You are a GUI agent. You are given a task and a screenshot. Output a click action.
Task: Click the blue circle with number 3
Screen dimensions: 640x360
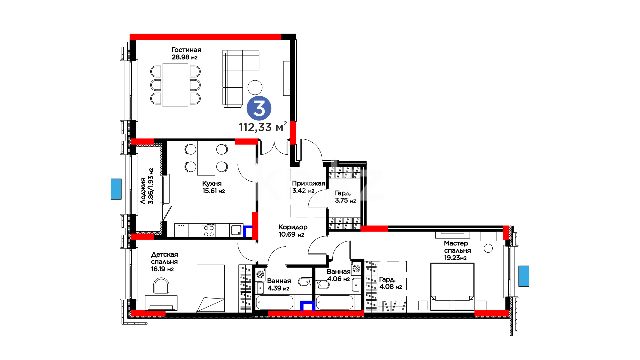[259, 108]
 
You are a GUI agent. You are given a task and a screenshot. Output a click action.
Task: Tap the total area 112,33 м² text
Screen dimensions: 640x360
[263, 127]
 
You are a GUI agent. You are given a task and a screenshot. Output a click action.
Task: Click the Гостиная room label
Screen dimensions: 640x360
[186, 50]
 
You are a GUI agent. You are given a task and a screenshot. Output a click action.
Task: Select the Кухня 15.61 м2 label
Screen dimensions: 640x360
[213, 187]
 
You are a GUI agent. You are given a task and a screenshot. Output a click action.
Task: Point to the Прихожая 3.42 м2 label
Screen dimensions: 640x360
[308, 187]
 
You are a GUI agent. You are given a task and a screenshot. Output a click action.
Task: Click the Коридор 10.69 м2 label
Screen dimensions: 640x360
[293, 230]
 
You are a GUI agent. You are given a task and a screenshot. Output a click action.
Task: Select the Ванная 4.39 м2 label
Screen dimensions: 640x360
[279, 285]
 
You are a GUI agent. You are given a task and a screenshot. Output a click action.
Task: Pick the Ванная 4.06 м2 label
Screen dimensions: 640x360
[338, 275]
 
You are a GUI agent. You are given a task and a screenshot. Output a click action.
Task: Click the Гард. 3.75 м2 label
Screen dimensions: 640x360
[345, 197]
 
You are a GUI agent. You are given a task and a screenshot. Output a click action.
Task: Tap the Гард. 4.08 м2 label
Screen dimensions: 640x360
[390, 283]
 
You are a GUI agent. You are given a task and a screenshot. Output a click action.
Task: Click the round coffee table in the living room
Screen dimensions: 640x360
[255, 87]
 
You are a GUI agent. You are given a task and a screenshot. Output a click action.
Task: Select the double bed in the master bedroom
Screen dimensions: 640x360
[452, 286]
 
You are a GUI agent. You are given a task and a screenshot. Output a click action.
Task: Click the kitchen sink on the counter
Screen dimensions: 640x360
[236, 230]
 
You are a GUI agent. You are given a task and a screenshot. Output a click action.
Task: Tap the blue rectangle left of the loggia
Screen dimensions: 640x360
[116, 189]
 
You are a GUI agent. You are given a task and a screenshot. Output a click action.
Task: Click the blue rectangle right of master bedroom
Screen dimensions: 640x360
[524, 276]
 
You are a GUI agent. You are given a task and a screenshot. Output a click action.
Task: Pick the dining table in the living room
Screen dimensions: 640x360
[175, 85]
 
